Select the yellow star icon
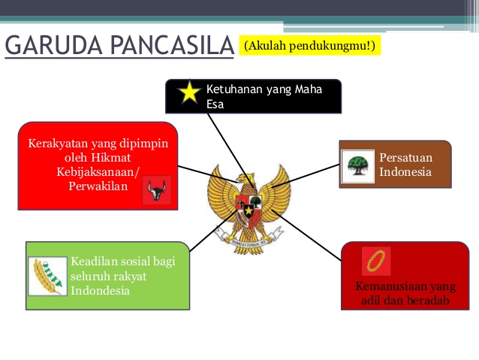point(189,93)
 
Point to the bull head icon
point(156,191)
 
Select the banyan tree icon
point(358,167)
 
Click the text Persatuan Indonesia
point(405,165)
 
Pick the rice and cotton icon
point(47,275)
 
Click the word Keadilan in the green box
point(95,262)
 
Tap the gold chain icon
point(375,260)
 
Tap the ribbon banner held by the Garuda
point(249,241)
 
